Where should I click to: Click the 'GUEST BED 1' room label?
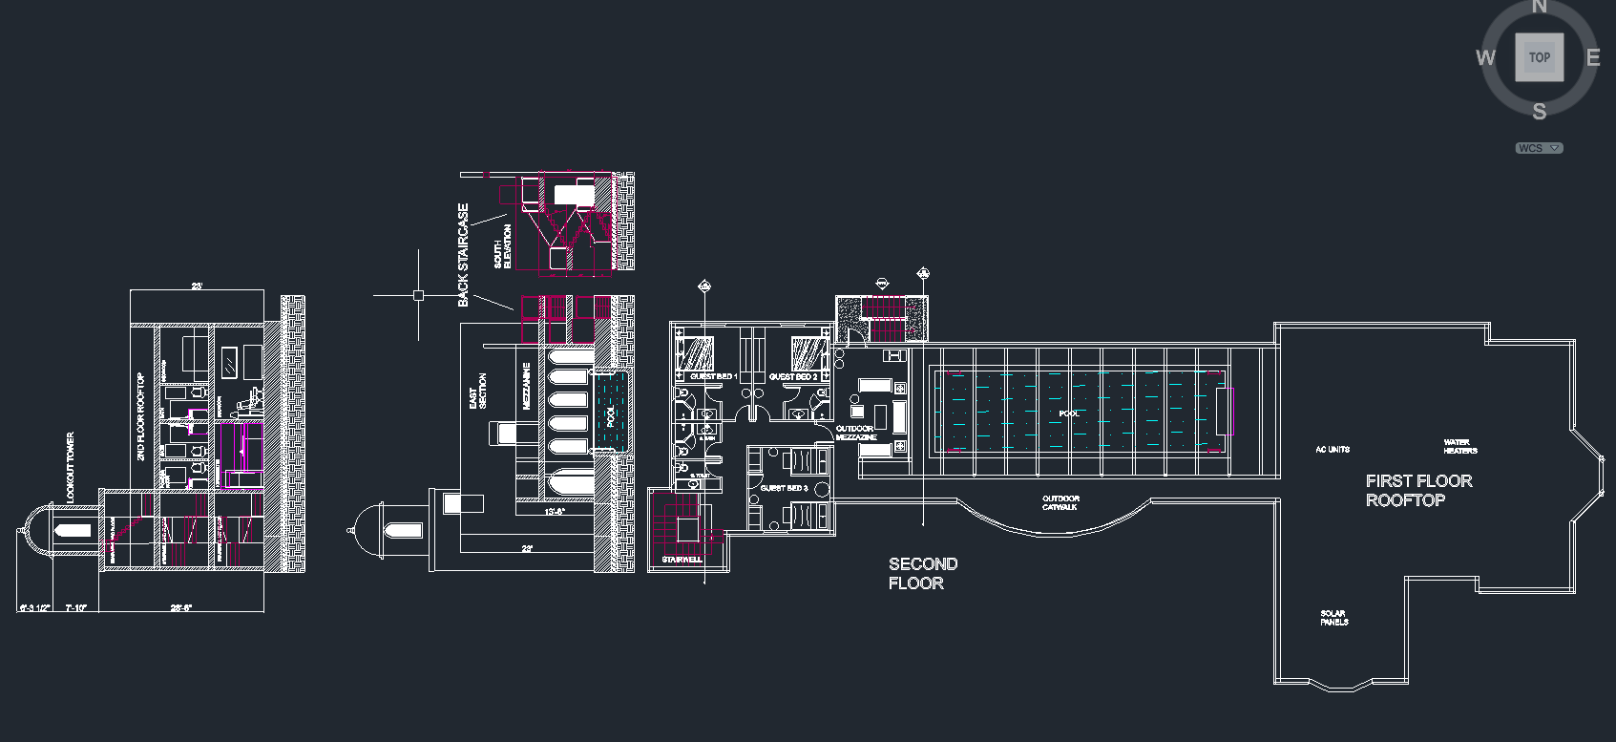713,377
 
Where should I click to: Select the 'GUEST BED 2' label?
793,377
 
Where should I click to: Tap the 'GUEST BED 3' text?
784,488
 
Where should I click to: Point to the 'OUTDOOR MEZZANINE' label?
855,433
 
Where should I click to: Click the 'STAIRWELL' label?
682,560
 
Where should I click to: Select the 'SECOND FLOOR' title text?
922,574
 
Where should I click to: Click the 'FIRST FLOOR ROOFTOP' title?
1418,491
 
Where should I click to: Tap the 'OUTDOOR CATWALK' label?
1060,502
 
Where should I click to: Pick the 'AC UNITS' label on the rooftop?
1333,449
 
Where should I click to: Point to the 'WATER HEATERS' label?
1459,446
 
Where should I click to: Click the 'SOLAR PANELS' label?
1333,618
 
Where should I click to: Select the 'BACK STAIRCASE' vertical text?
464,254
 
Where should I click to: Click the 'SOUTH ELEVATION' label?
502,246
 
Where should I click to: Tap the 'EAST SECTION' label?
477,392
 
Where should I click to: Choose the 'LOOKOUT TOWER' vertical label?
70,468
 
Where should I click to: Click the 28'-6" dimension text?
180,607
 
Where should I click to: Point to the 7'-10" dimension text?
75,607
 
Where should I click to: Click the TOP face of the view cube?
1539,57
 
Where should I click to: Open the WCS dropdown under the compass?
1539,148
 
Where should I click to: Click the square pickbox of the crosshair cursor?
418,295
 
